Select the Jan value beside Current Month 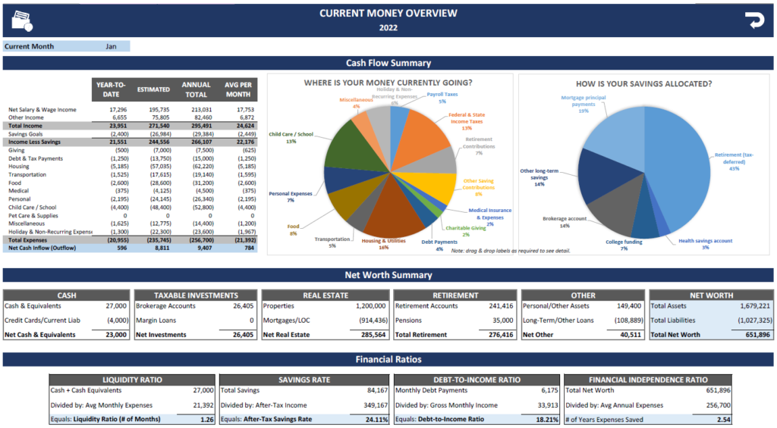tap(111, 46)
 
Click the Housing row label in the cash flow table tap(20, 166)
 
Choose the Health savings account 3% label tap(706, 244)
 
